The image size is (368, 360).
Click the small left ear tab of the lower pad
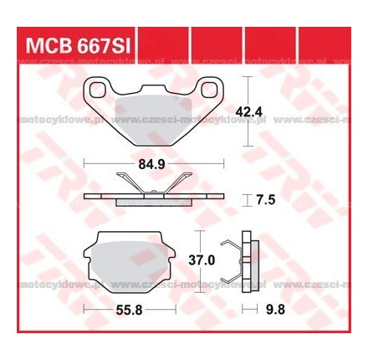[89, 251]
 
